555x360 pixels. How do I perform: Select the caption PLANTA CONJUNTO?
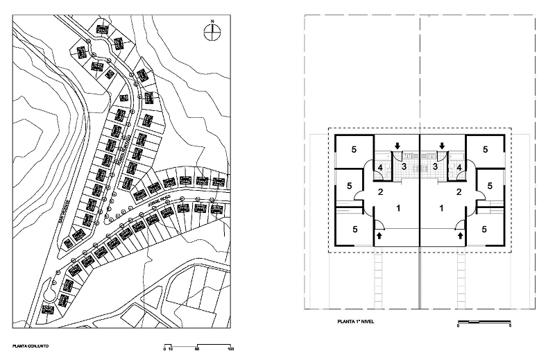click(x=30, y=345)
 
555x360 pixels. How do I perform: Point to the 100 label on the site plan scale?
click(x=230, y=350)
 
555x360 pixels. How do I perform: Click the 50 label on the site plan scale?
click(x=198, y=350)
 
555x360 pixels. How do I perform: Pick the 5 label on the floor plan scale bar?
click(x=511, y=326)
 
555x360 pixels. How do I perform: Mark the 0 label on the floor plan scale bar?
click(x=459, y=326)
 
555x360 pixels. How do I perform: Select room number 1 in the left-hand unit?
click(x=398, y=207)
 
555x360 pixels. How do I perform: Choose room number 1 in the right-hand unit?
click(x=442, y=207)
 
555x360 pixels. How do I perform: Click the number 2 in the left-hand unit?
click(x=380, y=192)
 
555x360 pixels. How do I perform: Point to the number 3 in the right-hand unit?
click(x=434, y=166)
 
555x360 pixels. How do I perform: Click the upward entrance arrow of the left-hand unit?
click(x=379, y=237)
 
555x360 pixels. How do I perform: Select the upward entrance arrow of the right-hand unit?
click(x=461, y=237)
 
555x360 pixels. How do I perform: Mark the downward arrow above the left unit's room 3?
click(x=398, y=146)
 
